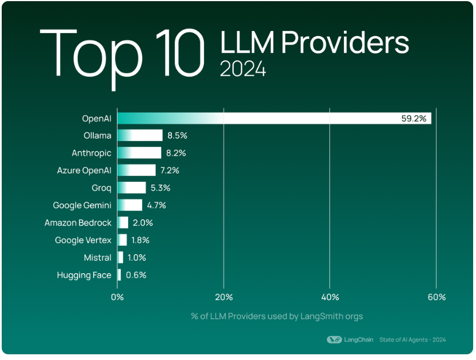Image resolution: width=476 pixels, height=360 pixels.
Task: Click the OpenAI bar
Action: pos(274,118)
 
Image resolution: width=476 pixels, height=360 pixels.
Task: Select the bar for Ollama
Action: pos(140,135)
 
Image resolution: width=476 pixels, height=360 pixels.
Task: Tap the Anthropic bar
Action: pos(139,153)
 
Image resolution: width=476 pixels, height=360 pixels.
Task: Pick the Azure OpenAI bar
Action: pos(137,170)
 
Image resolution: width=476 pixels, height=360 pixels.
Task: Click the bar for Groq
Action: pos(131,188)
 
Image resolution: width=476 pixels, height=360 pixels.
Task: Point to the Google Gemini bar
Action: pos(130,205)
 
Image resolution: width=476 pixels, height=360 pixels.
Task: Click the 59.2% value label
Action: pos(414,119)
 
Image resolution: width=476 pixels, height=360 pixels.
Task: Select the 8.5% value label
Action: pos(177,136)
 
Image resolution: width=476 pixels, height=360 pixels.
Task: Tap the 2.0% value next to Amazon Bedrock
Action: pos(143,223)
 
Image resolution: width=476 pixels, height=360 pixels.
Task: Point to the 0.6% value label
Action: pos(136,275)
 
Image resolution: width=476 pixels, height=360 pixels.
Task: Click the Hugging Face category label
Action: pos(84,275)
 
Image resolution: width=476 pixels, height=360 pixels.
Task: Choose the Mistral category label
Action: pos(97,258)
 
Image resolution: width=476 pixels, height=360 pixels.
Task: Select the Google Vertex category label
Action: pos(83,240)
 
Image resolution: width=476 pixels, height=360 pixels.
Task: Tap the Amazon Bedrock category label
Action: pos(78,223)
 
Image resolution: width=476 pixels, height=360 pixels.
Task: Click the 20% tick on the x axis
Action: pos(223,297)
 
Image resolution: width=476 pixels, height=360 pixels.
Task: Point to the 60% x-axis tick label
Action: pos(436,297)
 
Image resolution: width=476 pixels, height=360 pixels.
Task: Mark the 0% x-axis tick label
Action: pos(117,297)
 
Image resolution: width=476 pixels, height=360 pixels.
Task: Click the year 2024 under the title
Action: pos(243,69)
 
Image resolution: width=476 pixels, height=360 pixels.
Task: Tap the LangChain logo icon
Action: pos(334,339)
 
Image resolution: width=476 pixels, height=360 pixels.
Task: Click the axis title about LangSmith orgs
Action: pos(277,316)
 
